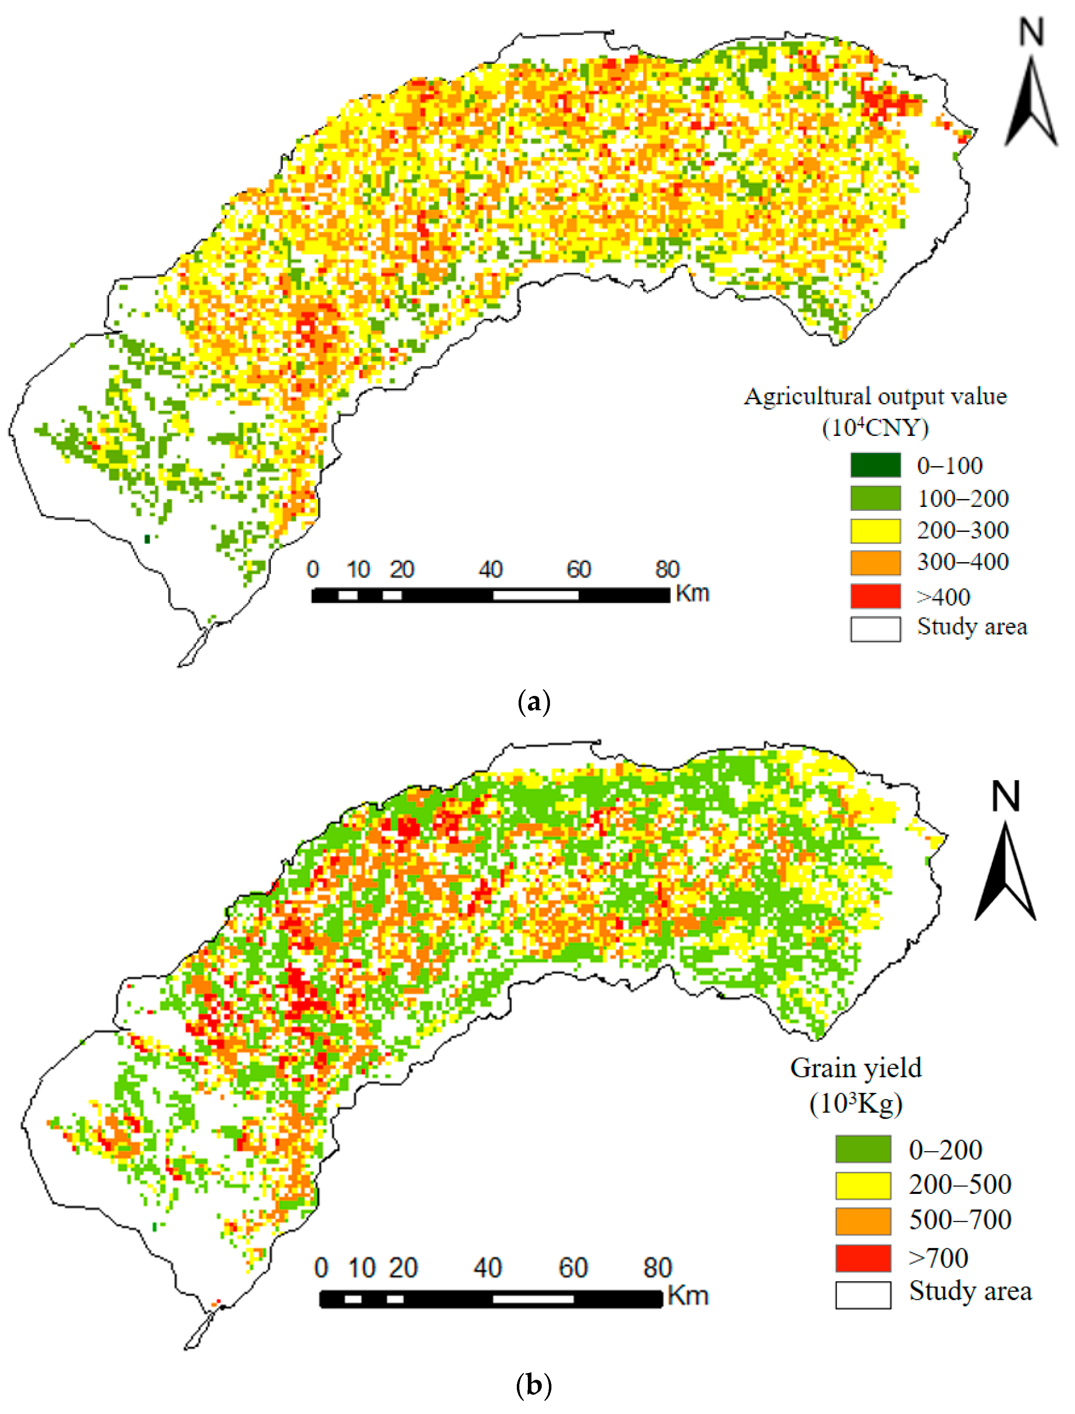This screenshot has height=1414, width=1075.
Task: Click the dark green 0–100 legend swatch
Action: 875,465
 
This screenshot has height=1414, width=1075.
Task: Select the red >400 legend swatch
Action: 875,596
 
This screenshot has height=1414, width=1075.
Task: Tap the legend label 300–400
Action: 962,562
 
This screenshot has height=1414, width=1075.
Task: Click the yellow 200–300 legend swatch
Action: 875,530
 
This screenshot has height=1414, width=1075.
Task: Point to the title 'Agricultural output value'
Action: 875,397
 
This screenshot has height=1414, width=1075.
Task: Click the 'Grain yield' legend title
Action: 856,1068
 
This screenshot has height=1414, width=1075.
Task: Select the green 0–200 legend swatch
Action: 862,1149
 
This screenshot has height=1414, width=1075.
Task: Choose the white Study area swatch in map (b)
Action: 862,1295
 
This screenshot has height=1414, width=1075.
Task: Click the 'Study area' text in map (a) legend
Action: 971,626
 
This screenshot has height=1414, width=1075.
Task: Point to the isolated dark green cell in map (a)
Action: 148,539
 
